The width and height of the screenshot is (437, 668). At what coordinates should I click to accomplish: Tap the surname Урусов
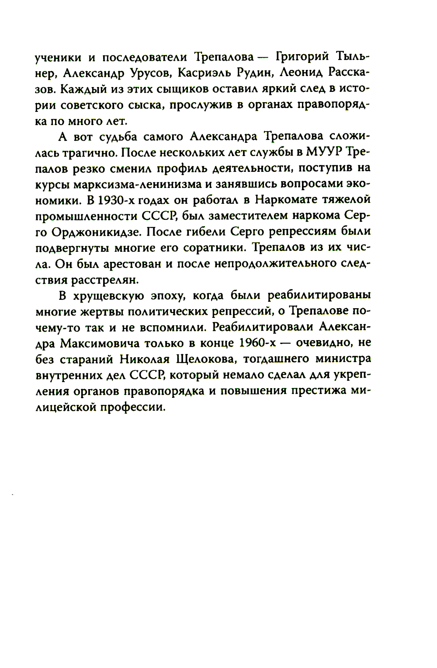pyautogui.click(x=149, y=73)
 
